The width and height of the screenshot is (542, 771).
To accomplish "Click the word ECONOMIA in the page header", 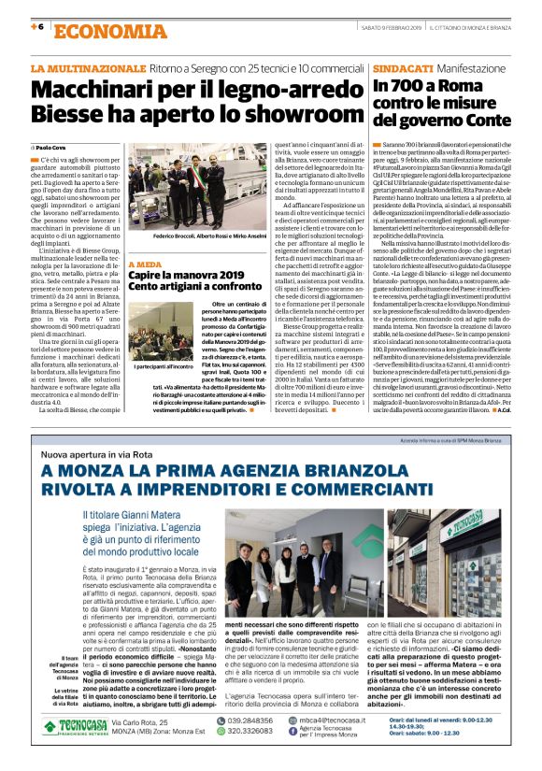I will [97, 30].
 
